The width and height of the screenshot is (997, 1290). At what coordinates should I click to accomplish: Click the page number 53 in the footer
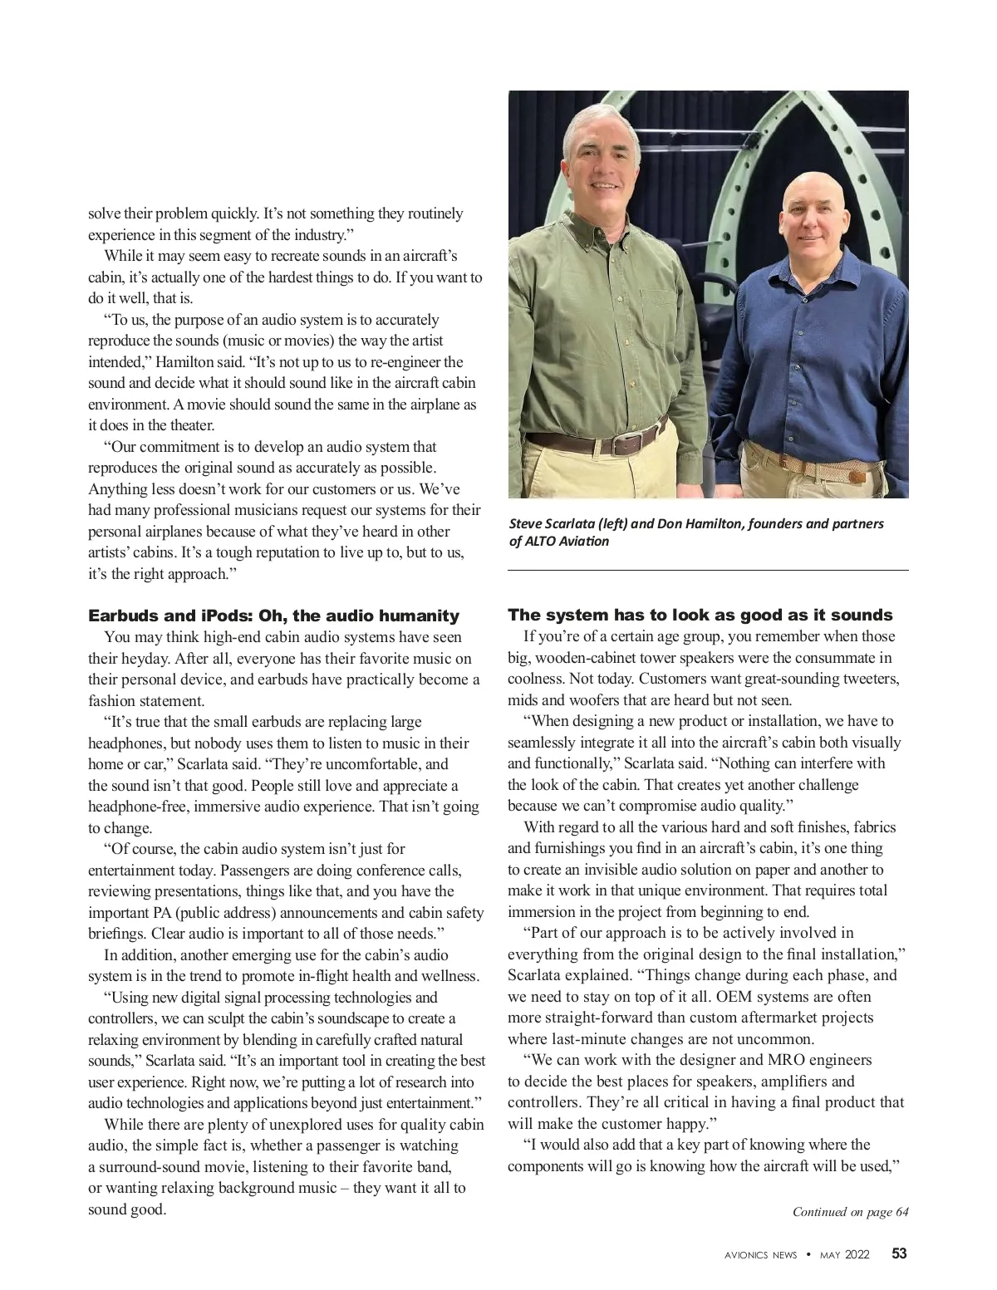tap(899, 1253)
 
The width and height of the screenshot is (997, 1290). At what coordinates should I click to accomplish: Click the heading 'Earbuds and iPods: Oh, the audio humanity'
tap(273, 616)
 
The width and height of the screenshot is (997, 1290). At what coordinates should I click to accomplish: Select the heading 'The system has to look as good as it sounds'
tap(700, 615)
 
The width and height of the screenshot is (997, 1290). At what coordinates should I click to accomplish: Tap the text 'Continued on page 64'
tap(850, 1211)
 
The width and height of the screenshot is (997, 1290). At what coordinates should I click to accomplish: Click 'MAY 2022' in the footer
tap(844, 1254)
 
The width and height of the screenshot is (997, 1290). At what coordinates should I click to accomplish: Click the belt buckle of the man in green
tap(627, 444)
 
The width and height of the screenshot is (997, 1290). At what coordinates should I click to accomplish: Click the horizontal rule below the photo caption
tap(708, 571)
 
